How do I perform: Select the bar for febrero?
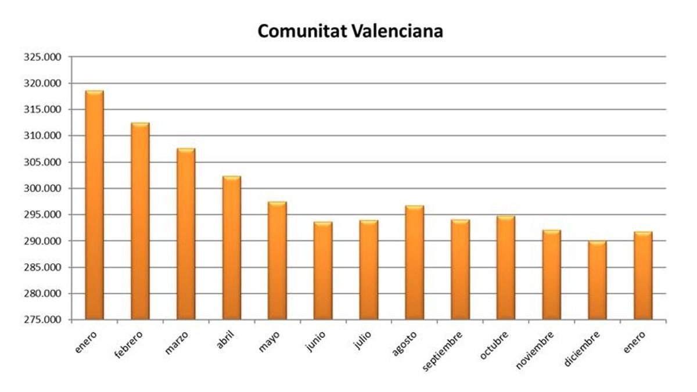click(x=140, y=221)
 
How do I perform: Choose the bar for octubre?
click(x=506, y=268)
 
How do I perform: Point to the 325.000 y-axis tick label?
click(x=44, y=57)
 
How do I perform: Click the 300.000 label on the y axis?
click(x=44, y=189)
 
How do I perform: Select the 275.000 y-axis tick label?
click(x=44, y=320)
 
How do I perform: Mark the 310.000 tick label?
click(x=44, y=136)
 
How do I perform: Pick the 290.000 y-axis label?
click(x=44, y=241)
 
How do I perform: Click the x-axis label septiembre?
click(x=443, y=351)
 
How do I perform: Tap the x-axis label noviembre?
click(x=535, y=350)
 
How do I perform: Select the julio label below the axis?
click(x=362, y=339)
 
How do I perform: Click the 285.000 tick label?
click(x=44, y=268)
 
